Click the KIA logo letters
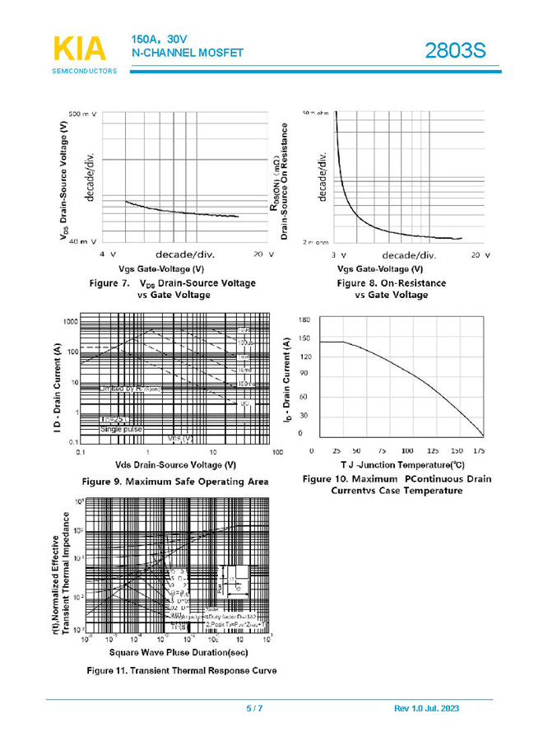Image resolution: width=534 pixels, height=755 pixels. click(x=80, y=49)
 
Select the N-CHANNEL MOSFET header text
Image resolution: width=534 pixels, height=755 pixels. click(x=187, y=53)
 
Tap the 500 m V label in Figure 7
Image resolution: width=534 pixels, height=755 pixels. click(x=82, y=114)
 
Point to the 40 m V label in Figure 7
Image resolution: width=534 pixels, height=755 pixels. click(x=82, y=242)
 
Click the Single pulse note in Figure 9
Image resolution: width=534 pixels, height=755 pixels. click(x=121, y=429)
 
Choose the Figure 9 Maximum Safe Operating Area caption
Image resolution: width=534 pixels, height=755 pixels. click(x=174, y=481)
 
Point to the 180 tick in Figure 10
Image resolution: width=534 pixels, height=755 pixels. click(x=304, y=319)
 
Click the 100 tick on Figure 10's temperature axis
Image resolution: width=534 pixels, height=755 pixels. click(x=407, y=451)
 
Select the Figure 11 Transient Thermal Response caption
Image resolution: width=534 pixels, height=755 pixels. click(x=183, y=670)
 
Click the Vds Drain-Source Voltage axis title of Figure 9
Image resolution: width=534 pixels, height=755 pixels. click(x=176, y=464)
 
